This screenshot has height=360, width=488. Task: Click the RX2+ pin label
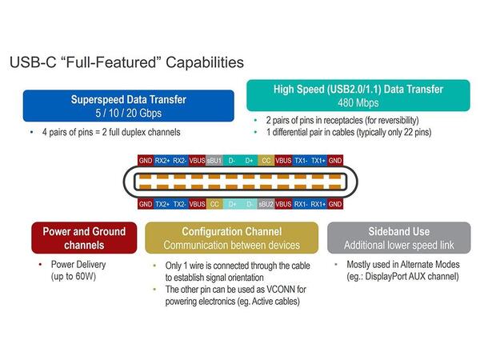pos(162,160)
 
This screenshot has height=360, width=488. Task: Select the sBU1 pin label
pos(214,160)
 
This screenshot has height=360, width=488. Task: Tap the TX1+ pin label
pos(318,160)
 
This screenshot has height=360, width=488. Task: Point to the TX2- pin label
pos(180,204)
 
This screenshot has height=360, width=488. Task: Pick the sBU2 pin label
pos(266,204)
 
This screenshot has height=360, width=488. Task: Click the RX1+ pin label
pos(318,204)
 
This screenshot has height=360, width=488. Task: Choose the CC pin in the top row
pos(266,160)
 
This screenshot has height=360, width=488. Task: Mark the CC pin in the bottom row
pos(214,204)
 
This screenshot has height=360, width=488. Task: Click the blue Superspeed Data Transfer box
pos(128,106)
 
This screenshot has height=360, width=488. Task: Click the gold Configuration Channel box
pos(232,238)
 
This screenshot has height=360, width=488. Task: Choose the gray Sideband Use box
pos(401,238)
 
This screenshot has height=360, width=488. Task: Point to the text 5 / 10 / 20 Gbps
pos(128,112)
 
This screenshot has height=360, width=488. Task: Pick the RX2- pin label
pos(180,160)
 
